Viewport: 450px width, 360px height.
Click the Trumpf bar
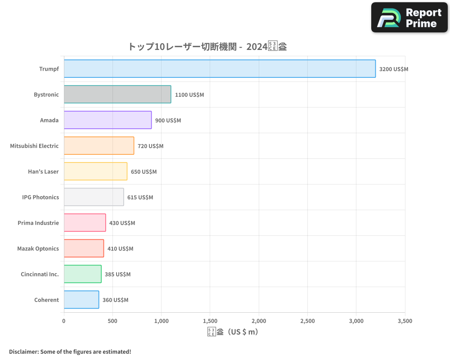[x=220, y=69]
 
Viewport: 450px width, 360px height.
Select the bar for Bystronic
[x=117, y=94]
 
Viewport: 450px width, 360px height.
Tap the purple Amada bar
[x=108, y=120]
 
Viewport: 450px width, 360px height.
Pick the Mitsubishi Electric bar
[x=99, y=146]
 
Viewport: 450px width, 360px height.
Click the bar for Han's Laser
[x=95, y=171]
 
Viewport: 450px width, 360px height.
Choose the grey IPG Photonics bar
[x=94, y=197]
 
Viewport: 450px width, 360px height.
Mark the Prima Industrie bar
[x=85, y=223]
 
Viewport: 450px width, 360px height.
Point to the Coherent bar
[x=81, y=300]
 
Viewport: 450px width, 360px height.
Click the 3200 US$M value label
[x=394, y=69]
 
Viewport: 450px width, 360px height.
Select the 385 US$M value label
[x=117, y=274]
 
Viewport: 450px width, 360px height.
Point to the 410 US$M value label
[x=120, y=249]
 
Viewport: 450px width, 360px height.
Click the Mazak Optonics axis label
[x=38, y=249]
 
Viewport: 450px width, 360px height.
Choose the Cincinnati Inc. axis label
[x=40, y=274]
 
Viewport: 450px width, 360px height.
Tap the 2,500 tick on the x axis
[x=307, y=321]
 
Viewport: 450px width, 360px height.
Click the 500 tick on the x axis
[x=112, y=321]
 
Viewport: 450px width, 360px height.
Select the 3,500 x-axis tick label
[x=405, y=321]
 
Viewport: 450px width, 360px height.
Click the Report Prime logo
[x=409, y=18]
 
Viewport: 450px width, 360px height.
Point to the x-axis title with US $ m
[x=233, y=332]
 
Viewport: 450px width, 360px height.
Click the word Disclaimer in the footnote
[x=23, y=352]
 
